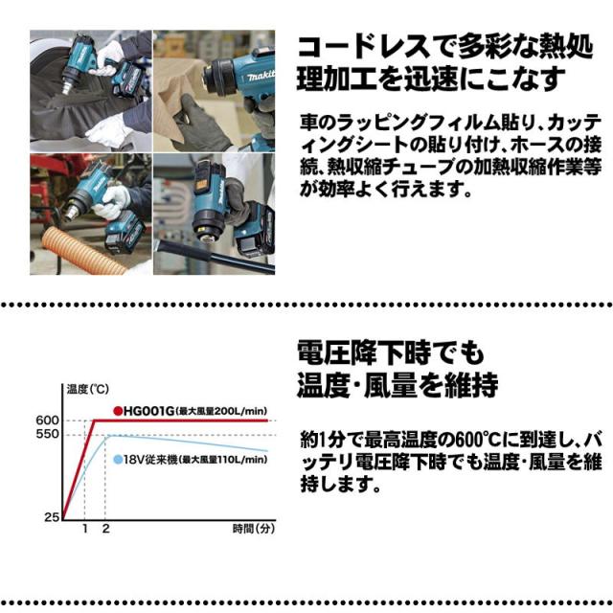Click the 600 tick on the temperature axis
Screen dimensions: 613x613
[x=48, y=420]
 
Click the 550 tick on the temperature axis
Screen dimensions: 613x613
[x=48, y=435]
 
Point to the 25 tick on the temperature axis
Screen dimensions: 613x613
[x=53, y=517]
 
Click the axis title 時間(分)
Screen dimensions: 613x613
[x=253, y=529]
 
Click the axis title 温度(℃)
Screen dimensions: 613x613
[x=82, y=388]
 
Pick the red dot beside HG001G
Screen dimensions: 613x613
[x=118, y=410]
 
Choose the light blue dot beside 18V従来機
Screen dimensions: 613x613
[x=118, y=460]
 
